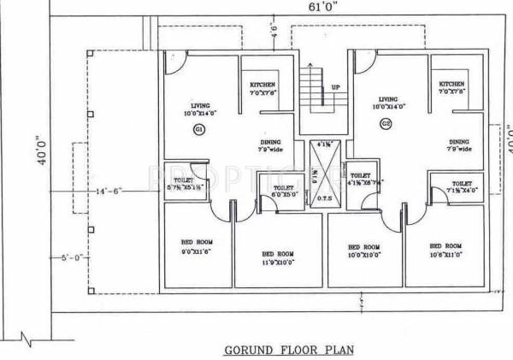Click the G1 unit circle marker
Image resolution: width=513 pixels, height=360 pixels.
point(198,129)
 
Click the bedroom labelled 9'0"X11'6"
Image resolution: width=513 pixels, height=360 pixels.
point(197,248)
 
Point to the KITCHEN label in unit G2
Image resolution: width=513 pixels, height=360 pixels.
point(451,85)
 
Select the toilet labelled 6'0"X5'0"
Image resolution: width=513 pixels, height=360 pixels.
point(285,191)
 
